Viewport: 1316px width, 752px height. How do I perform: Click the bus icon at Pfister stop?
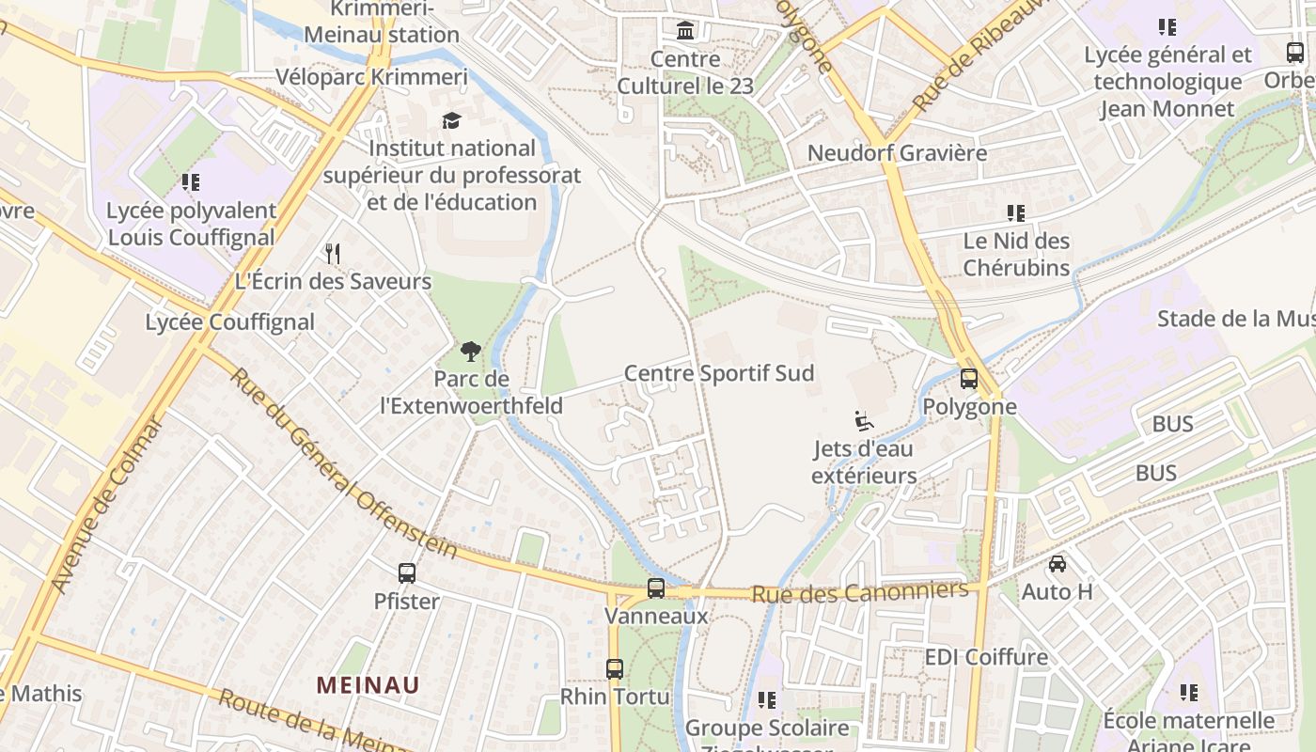click(x=407, y=572)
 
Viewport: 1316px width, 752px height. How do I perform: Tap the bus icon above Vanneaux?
click(x=656, y=588)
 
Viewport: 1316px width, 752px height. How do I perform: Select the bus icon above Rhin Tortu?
click(x=615, y=669)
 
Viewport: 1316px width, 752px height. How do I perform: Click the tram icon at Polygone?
click(x=969, y=379)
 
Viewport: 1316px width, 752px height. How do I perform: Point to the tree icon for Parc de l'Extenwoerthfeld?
click(x=471, y=352)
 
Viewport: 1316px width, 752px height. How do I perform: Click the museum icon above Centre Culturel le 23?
click(x=686, y=31)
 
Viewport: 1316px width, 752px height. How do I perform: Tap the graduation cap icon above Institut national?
click(x=452, y=120)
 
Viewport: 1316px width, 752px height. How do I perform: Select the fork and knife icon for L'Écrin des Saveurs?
click(x=332, y=253)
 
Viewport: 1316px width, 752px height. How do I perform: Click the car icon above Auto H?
click(x=1057, y=564)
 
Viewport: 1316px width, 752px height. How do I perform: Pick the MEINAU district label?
click(x=368, y=684)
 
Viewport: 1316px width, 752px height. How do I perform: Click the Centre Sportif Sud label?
click(x=719, y=373)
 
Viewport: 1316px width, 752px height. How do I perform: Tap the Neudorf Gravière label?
click(x=897, y=152)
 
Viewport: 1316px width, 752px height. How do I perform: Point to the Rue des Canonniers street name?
click(x=859, y=592)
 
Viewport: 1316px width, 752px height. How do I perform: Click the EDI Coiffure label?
click(x=986, y=656)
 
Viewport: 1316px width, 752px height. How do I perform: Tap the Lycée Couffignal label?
click(x=229, y=321)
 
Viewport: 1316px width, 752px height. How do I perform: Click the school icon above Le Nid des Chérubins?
click(x=1015, y=213)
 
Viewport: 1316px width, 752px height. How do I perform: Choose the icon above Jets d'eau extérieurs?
click(x=864, y=421)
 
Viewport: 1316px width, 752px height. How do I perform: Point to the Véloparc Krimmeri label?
click(x=371, y=76)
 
